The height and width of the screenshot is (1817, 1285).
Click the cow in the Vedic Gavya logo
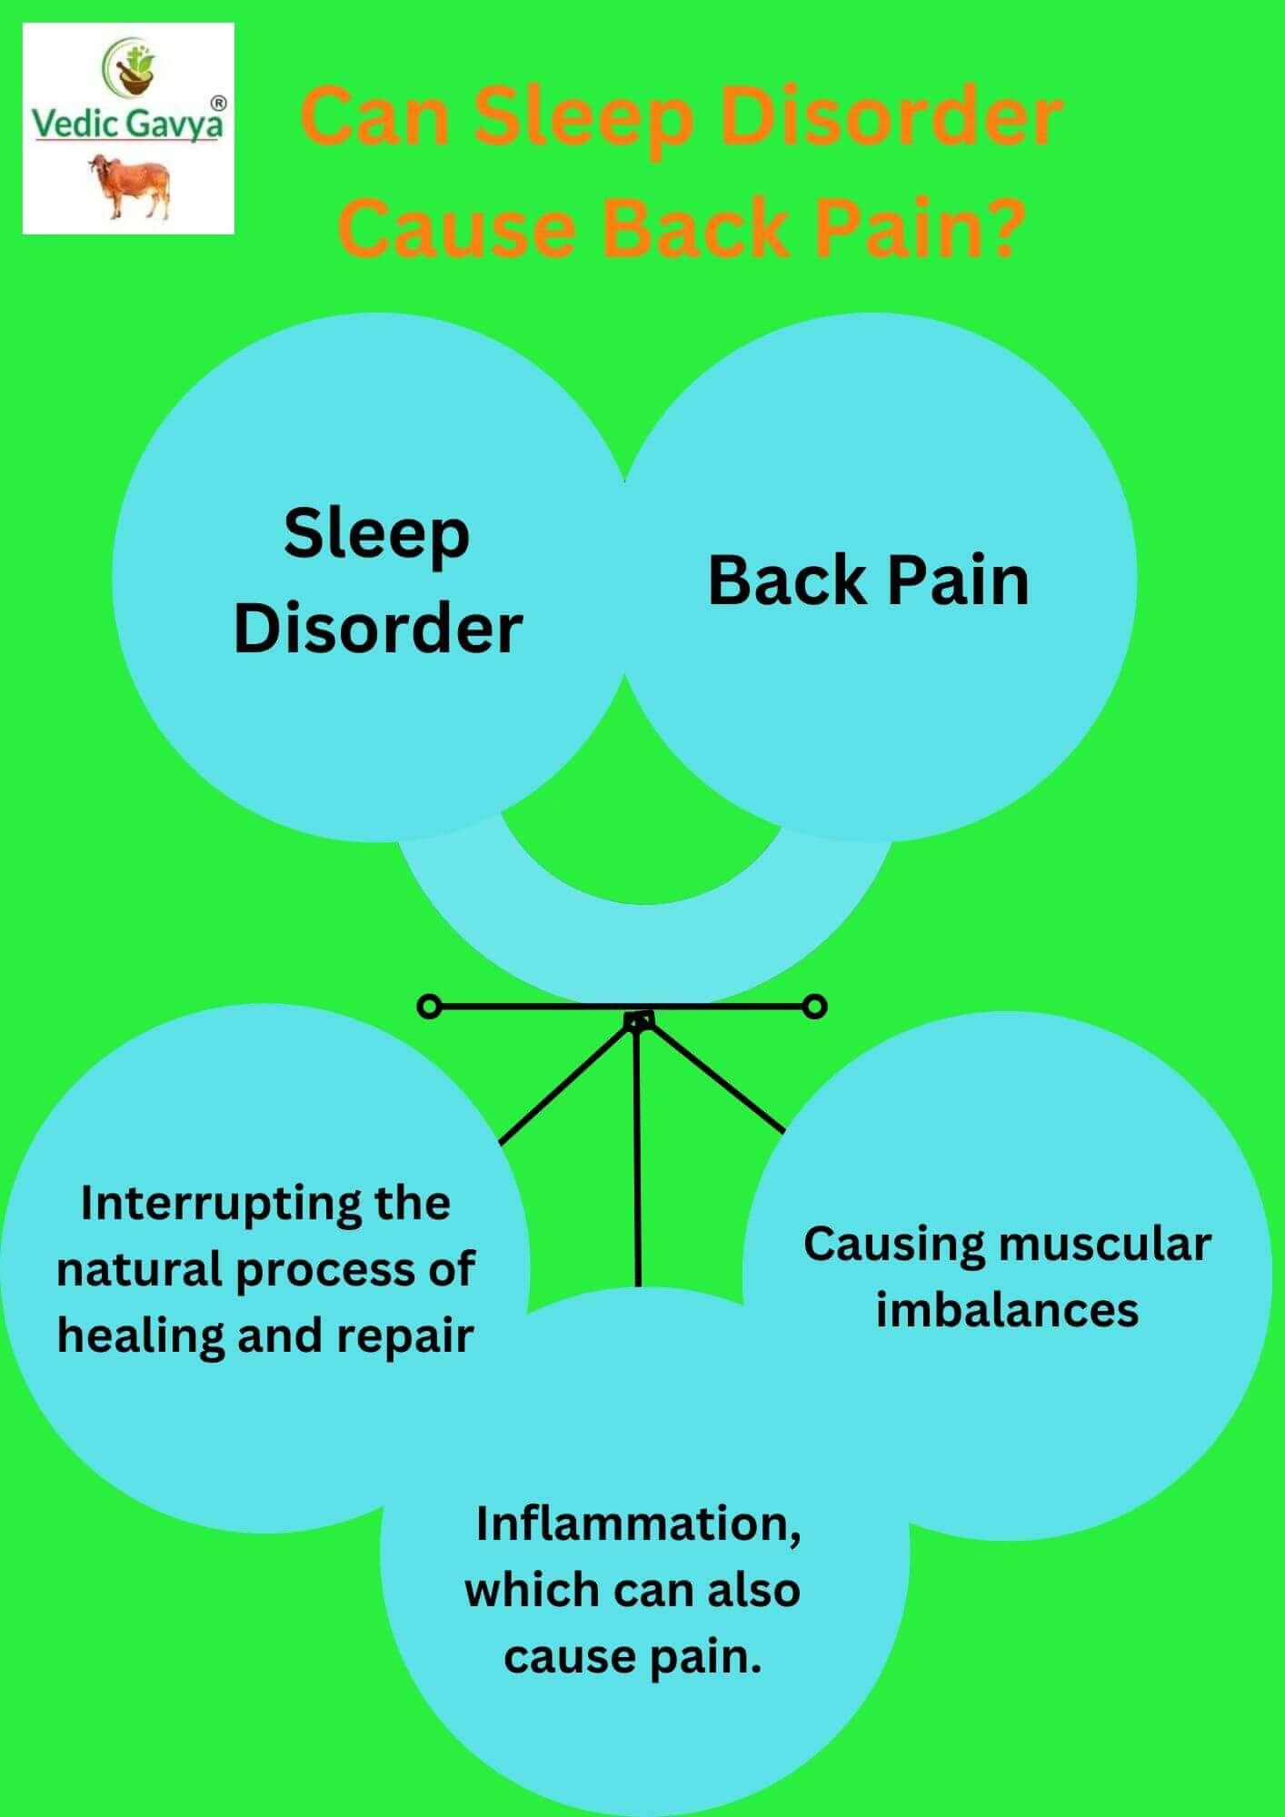(129, 185)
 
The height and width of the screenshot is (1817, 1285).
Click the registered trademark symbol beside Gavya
(218, 104)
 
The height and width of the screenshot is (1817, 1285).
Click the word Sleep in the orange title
(583, 118)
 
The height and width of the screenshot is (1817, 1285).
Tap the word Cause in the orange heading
(457, 227)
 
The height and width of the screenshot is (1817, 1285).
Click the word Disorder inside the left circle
(378, 628)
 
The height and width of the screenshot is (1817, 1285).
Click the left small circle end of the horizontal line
(428, 1007)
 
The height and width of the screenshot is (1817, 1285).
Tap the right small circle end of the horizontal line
(815, 1007)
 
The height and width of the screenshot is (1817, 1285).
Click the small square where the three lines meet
(639, 1021)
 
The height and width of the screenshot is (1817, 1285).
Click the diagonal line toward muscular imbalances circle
(718, 1081)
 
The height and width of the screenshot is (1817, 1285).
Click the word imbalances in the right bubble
(1007, 1310)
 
